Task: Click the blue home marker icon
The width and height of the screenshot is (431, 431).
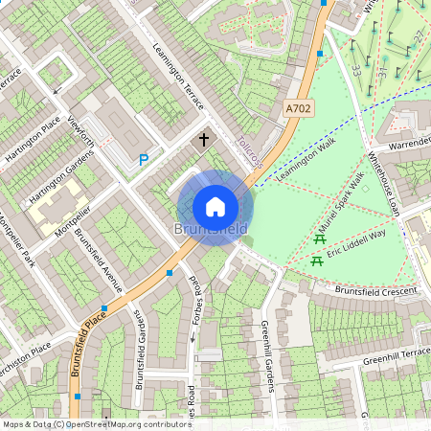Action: point(215,207)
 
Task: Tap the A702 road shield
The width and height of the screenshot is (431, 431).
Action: point(298,111)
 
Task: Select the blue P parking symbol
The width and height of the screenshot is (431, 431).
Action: point(144,161)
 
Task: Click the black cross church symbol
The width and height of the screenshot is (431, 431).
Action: point(203,140)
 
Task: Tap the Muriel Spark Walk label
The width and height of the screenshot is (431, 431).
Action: point(344,196)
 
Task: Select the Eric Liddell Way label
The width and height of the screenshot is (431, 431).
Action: point(356,243)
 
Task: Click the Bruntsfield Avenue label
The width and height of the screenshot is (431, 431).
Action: point(100,259)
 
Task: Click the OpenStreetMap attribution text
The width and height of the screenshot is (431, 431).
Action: point(96,424)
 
